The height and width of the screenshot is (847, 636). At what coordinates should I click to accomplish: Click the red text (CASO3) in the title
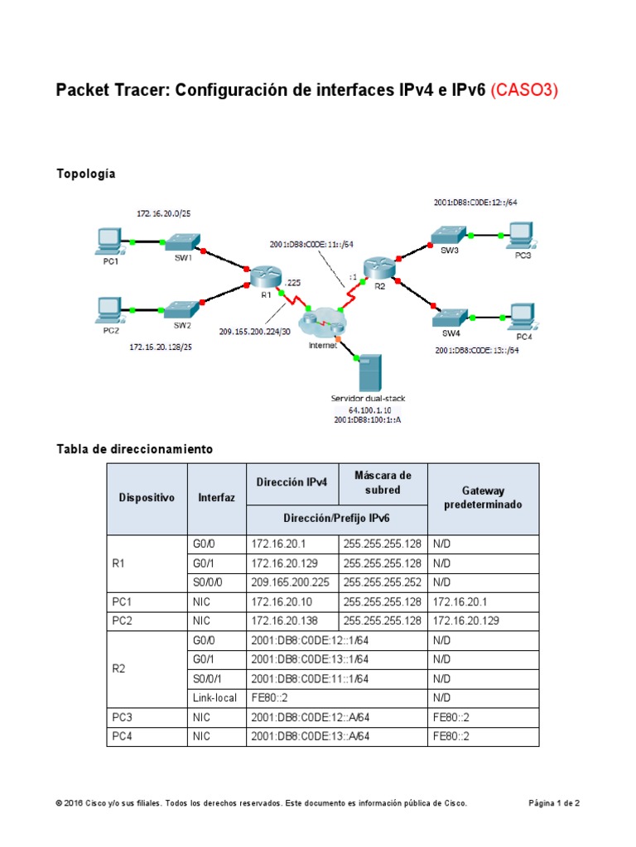point(524,90)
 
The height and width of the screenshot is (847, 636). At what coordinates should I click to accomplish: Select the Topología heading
point(85,174)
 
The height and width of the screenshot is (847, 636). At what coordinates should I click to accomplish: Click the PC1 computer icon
point(108,241)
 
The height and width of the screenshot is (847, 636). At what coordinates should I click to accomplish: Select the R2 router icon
point(378,267)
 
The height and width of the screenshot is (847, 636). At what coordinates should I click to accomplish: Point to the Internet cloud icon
point(321,323)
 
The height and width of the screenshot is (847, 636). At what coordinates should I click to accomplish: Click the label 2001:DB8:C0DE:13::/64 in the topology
point(476,350)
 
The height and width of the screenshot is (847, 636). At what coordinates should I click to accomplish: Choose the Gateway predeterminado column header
point(483,497)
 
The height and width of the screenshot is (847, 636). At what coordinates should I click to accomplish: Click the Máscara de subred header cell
point(383,483)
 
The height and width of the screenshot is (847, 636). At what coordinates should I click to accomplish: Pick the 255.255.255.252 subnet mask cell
point(382,582)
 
